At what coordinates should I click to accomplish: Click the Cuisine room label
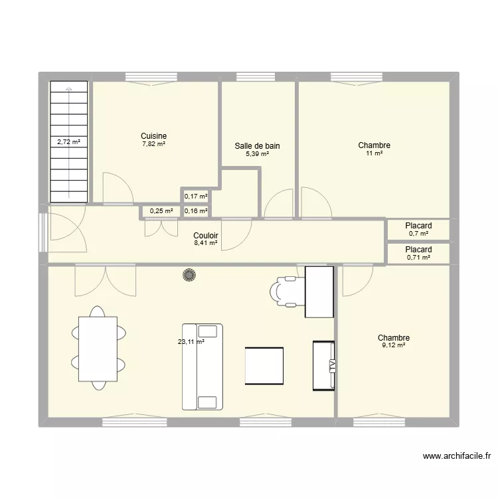(153, 135)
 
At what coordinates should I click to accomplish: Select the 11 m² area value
(374, 153)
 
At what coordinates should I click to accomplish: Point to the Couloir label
(206, 236)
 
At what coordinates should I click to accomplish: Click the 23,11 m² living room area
(191, 343)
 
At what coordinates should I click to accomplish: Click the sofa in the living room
(202, 367)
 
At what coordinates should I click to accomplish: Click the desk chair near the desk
(286, 291)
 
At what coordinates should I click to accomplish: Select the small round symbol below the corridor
(190, 275)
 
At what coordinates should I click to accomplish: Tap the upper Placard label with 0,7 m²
(418, 226)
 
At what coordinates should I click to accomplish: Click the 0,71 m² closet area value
(418, 257)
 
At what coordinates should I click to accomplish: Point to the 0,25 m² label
(161, 211)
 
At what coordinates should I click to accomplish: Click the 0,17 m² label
(196, 196)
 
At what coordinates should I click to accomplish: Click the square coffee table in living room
(264, 365)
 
